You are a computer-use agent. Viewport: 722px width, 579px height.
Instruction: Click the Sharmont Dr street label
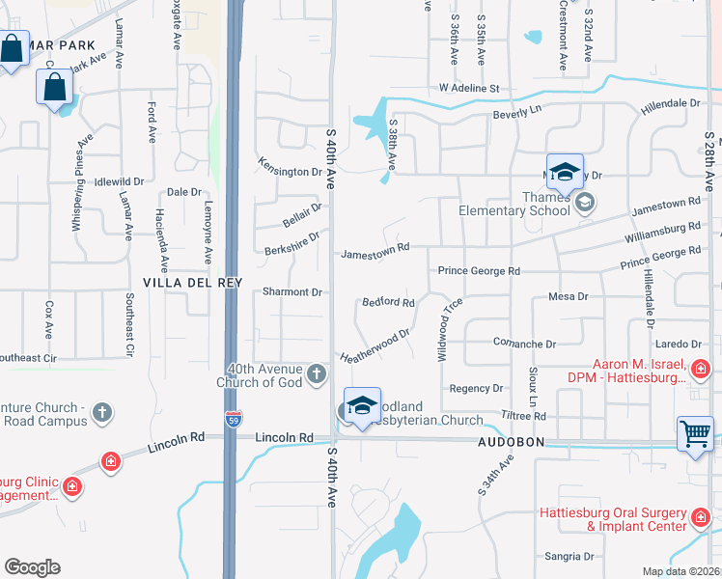pos(292,291)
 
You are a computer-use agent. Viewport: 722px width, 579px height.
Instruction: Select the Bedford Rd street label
pos(388,302)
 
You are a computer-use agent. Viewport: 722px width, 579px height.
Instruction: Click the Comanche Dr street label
pos(525,344)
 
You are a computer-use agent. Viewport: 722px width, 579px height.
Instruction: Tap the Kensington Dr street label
pos(290,165)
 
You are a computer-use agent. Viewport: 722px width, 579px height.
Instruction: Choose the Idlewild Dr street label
pos(119,180)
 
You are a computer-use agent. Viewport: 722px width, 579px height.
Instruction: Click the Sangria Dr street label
pos(569,557)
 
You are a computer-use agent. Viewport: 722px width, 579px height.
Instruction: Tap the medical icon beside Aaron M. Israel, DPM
pos(701,368)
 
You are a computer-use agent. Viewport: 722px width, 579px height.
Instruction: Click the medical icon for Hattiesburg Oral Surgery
pos(701,519)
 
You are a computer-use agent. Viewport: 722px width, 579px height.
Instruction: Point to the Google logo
pos(32,567)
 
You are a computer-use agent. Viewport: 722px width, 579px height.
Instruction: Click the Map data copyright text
pos(680,572)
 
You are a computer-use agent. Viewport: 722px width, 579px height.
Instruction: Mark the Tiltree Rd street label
pos(523,416)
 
